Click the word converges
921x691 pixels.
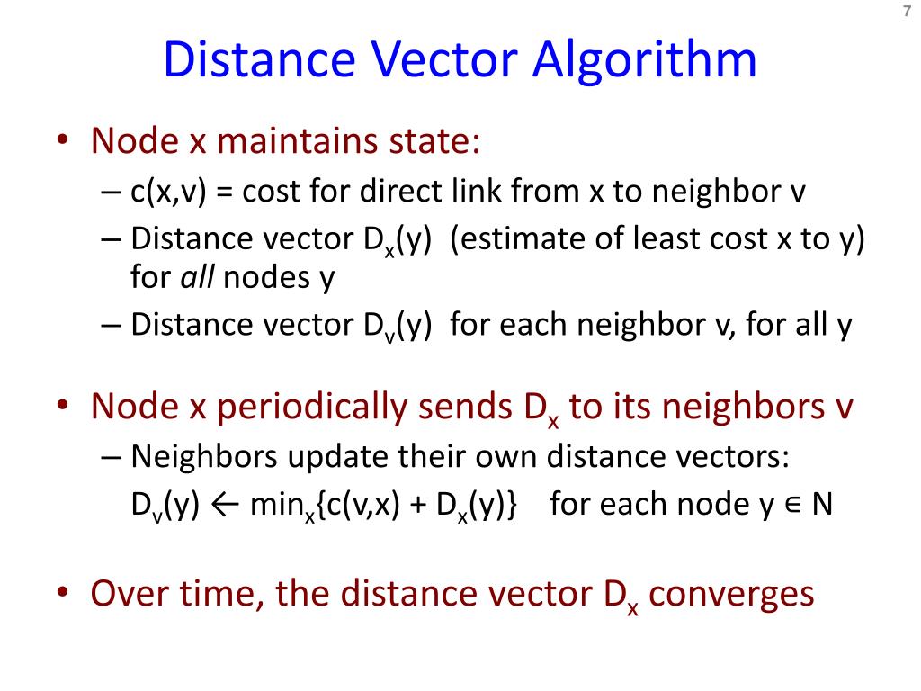(x=731, y=595)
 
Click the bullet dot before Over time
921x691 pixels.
(x=62, y=595)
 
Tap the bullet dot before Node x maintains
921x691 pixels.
(x=62, y=142)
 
